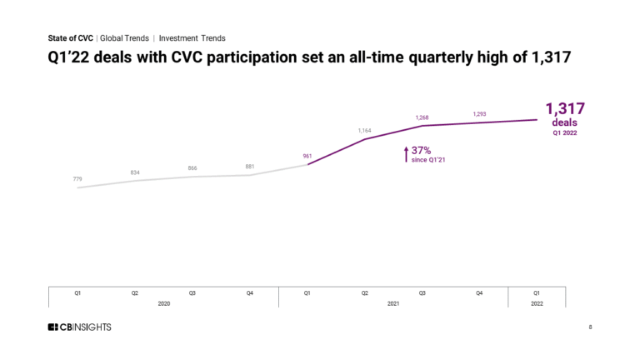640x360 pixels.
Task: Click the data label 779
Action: click(77, 178)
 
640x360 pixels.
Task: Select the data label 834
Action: click(135, 172)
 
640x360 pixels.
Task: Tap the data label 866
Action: click(192, 168)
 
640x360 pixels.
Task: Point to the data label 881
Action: click(250, 166)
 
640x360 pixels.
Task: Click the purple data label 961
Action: click(307, 155)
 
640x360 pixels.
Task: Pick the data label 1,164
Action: click(365, 130)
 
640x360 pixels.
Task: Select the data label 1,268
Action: click(422, 117)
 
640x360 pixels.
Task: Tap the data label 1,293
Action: click(480, 113)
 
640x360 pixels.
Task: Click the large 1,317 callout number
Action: click(565, 108)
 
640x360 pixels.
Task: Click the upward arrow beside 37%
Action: click(406, 153)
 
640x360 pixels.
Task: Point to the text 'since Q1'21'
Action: click(431, 158)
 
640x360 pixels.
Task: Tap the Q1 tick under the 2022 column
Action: click(537, 293)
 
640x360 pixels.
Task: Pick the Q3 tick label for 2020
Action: click(192, 293)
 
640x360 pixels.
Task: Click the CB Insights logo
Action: click(80, 327)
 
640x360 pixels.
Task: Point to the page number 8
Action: click(590, 327)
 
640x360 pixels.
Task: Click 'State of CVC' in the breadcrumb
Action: click(71, 38)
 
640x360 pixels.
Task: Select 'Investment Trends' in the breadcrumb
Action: click(192, 38)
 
